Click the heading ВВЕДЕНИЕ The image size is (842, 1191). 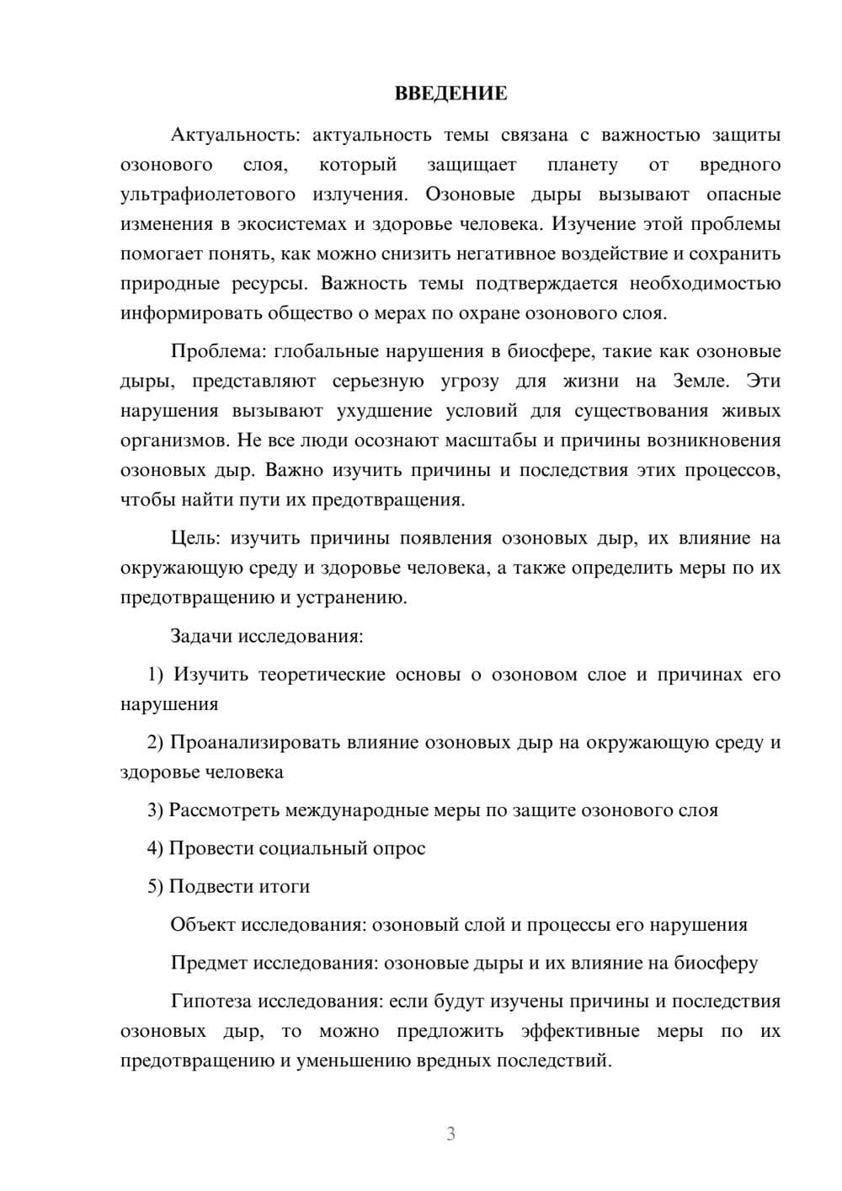pos(450,93)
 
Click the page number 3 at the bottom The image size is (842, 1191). pos(450,1134)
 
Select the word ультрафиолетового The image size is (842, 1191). pos(208,195)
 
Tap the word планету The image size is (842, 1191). pos(582,165)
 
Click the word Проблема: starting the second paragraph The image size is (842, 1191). pos(217,351)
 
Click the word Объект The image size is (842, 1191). pos(203,925)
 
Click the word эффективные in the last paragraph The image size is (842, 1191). pos(580,1031)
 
